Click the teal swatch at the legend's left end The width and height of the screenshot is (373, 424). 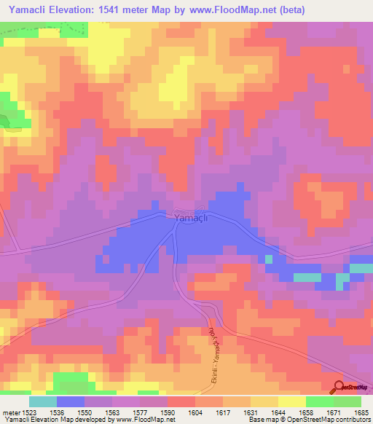(x=43, y=401)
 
